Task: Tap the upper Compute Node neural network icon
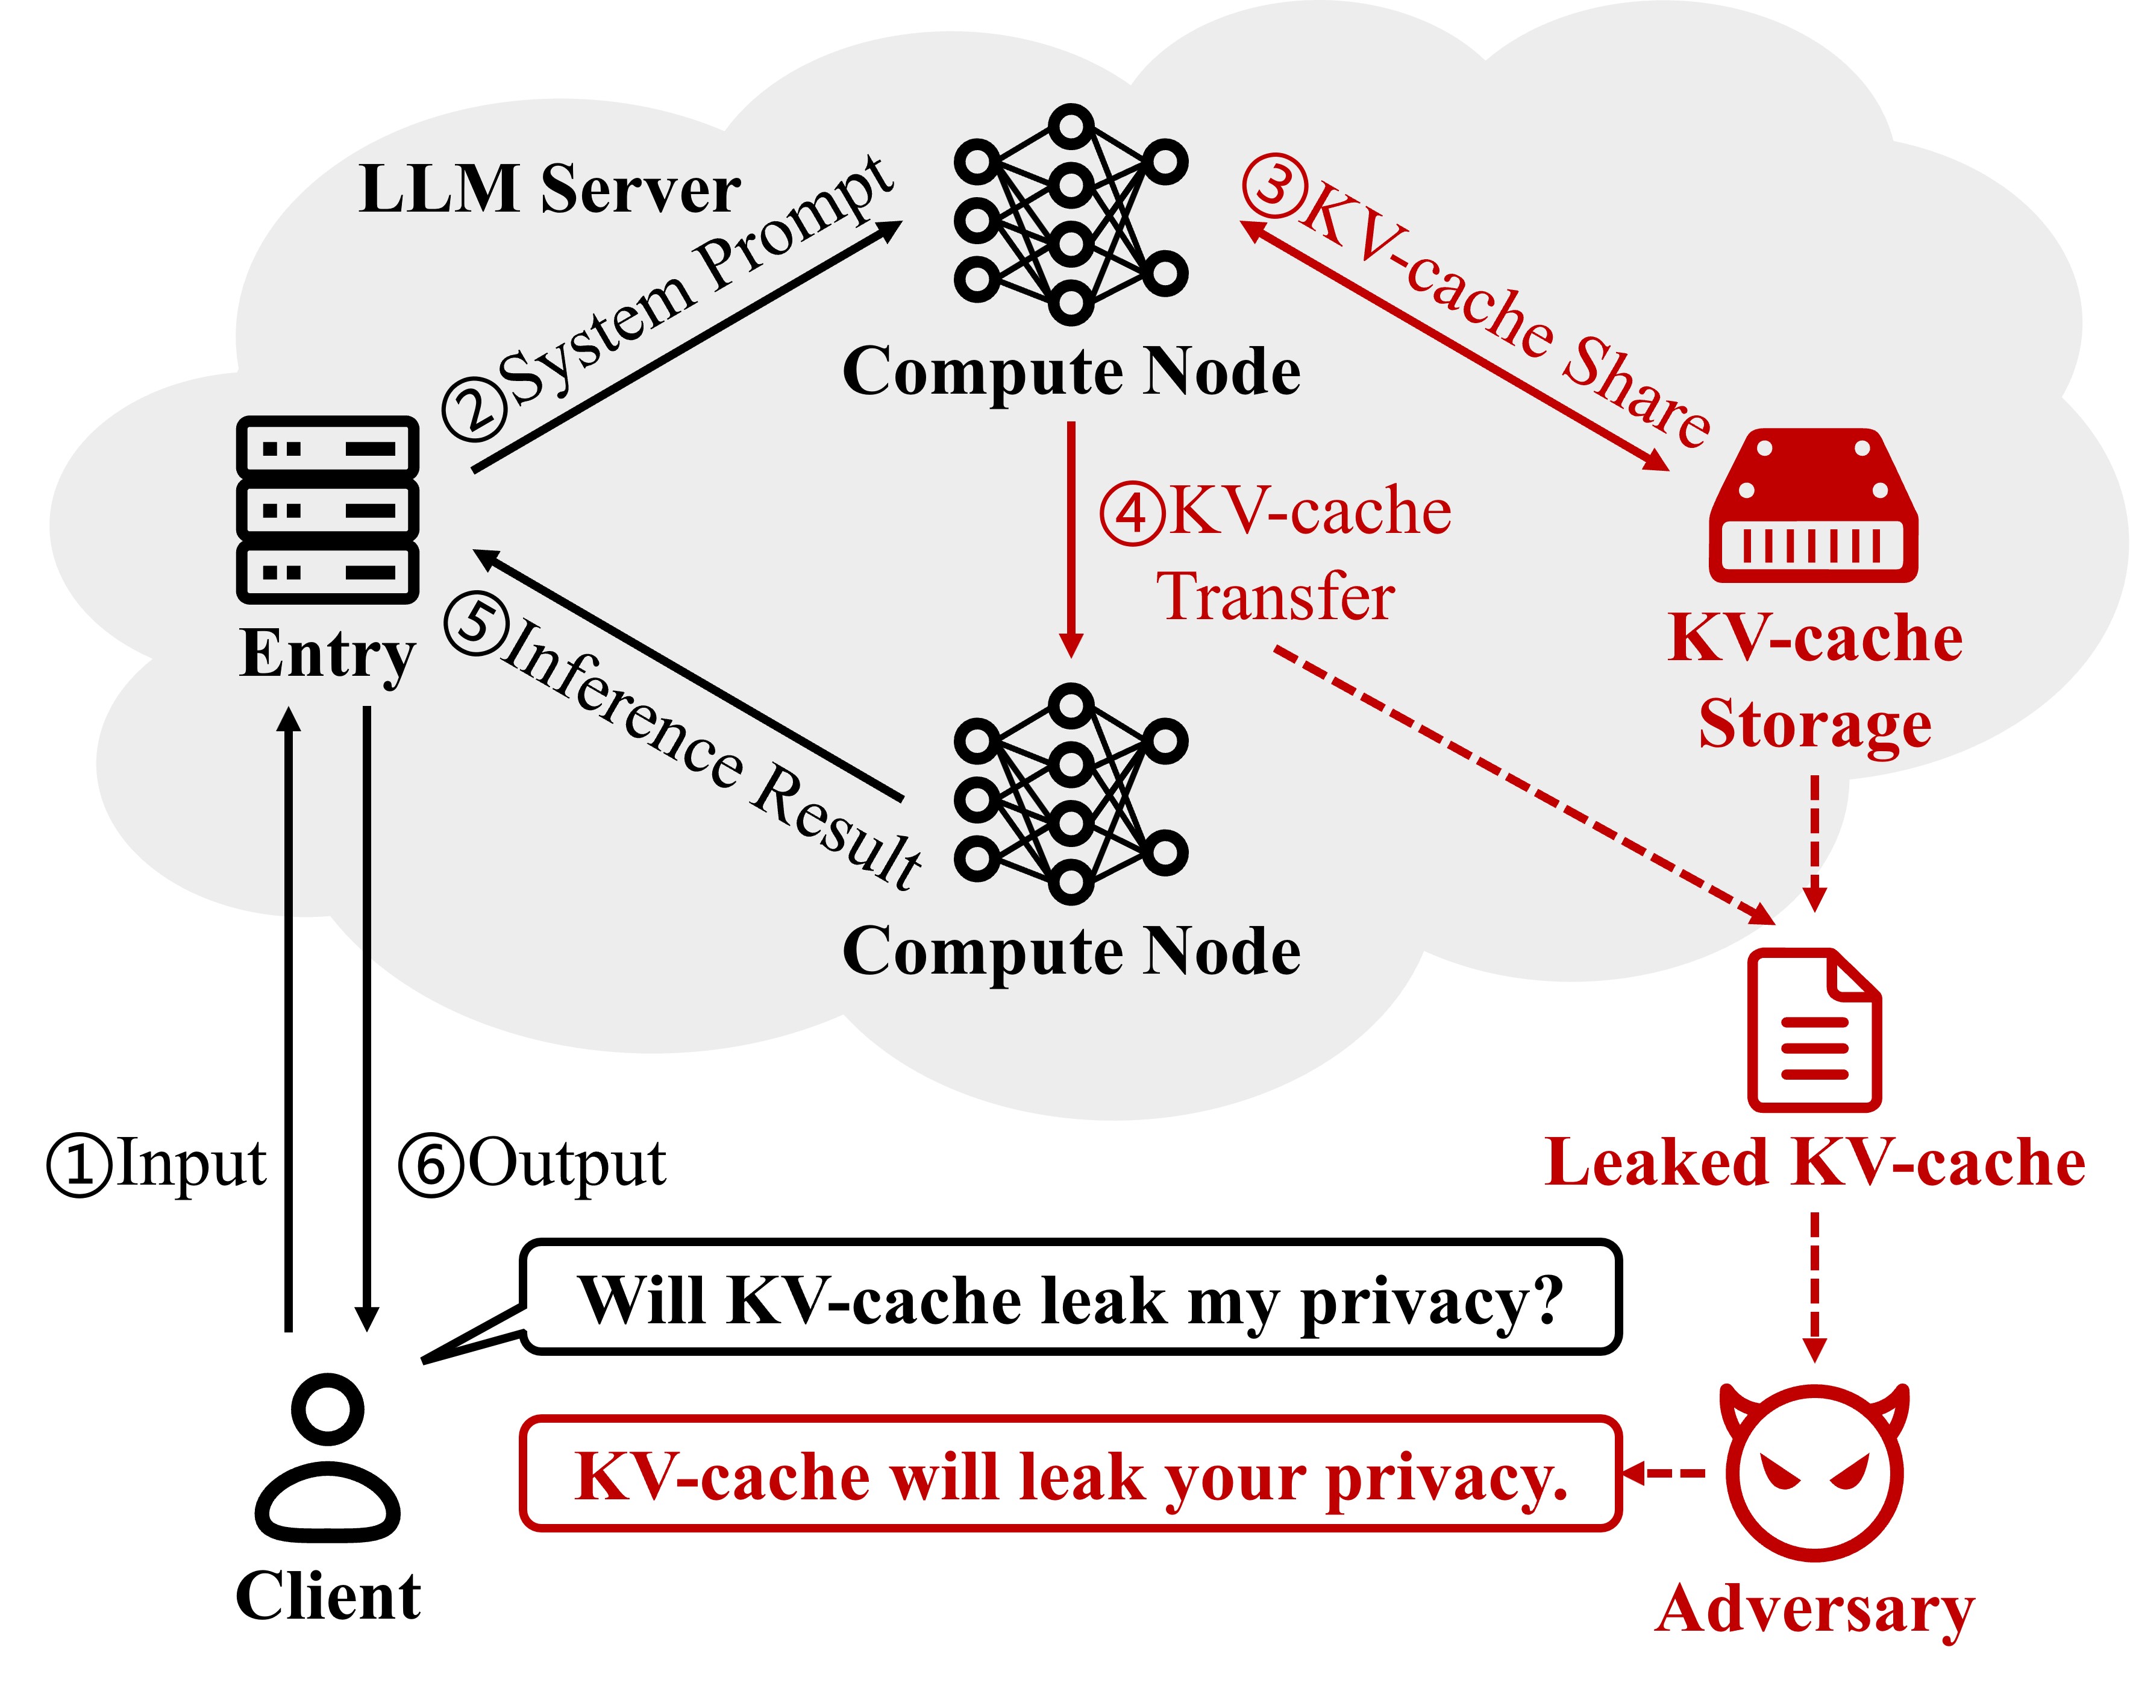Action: point(1071,215)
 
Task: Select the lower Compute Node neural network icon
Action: point(1071,793)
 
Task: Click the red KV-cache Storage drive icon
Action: point(1813,505)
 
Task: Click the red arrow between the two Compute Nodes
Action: point(1071,538)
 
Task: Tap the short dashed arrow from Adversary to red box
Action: point(1665,1473)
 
